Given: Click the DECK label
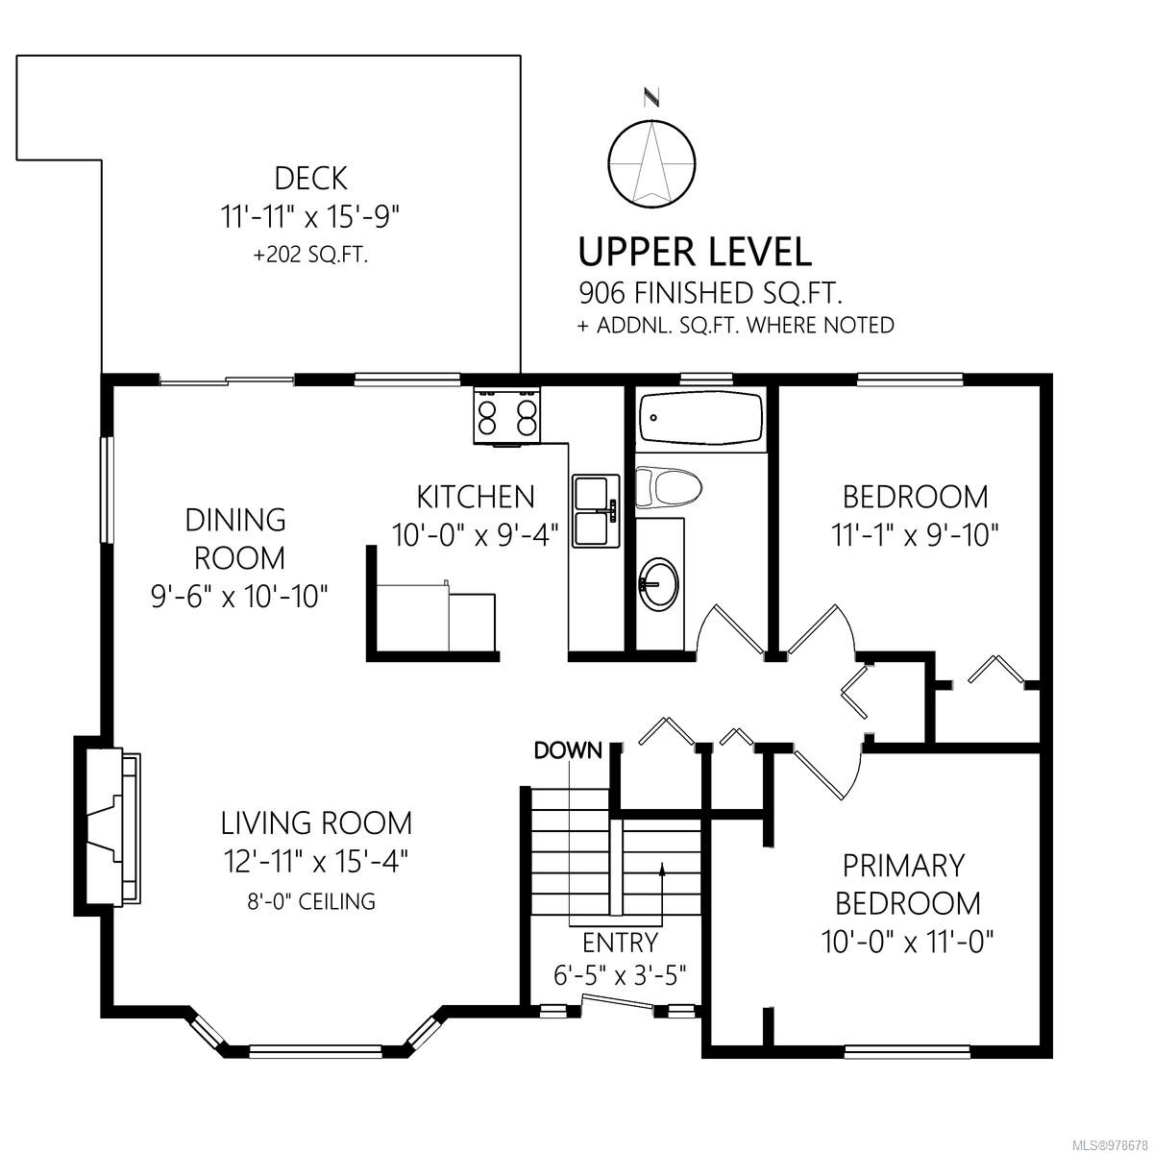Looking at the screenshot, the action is [x=310, y=179].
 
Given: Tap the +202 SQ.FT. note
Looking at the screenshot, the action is [x=310, y=256].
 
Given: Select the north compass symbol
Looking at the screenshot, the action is [x=652, y=155].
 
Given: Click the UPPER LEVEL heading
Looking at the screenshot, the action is [x=696, y=252].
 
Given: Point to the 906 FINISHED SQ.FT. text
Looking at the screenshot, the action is [x=710, y=293].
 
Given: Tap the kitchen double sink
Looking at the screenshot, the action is [x=596, y=510].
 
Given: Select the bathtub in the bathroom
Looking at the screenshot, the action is [x=700, y=417].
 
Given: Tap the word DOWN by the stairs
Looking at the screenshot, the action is [x=568, y=750].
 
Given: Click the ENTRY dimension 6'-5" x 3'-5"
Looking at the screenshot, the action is [x=620, y=976].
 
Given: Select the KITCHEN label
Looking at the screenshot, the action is [x=476, y=497].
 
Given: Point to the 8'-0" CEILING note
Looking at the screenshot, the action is [x=311, y=901].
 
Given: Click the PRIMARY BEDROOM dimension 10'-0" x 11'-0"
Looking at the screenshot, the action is [x=907, y=943].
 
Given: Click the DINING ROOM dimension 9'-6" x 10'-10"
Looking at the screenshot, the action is [x=239, y=597].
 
